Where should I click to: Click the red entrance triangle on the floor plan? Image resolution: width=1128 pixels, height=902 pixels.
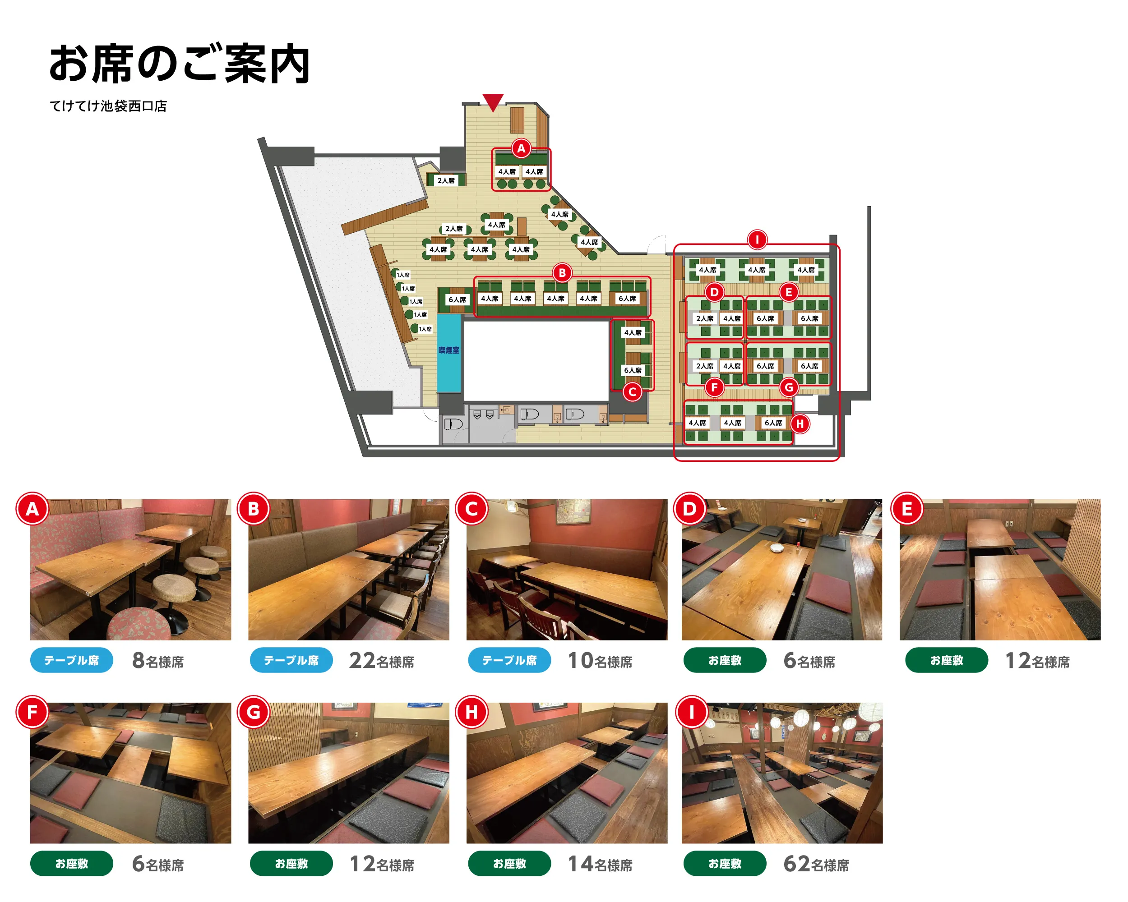[493, 101]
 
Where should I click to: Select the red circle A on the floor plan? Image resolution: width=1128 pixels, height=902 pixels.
[521, 148]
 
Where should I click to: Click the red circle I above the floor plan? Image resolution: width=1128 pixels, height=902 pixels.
[757, 240]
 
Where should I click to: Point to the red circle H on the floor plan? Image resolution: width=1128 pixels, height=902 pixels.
[800, 424]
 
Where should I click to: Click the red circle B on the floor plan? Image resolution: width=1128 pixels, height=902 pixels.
[563, 272]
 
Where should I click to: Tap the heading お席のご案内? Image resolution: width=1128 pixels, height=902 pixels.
[180, 64]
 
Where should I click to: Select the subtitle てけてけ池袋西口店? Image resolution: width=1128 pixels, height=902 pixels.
[108, 106]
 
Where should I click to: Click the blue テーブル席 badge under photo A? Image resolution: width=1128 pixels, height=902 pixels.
[72, 660]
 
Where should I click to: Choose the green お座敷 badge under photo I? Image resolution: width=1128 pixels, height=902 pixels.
[725, 864]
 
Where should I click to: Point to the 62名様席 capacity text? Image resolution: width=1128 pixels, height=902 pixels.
[816, 865]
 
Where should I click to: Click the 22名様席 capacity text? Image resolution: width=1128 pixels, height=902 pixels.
[382, 661]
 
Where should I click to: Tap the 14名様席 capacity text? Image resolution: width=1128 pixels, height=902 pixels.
[600, 865]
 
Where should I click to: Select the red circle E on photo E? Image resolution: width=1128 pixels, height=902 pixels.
[907, 508]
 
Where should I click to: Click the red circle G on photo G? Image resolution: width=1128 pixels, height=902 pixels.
[253, 712]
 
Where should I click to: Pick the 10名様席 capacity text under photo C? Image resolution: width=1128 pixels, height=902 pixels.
[600, 661]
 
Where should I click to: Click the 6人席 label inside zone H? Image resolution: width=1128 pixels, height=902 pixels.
[773, 423]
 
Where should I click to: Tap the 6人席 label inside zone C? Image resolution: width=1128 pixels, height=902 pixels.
[633, 370]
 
